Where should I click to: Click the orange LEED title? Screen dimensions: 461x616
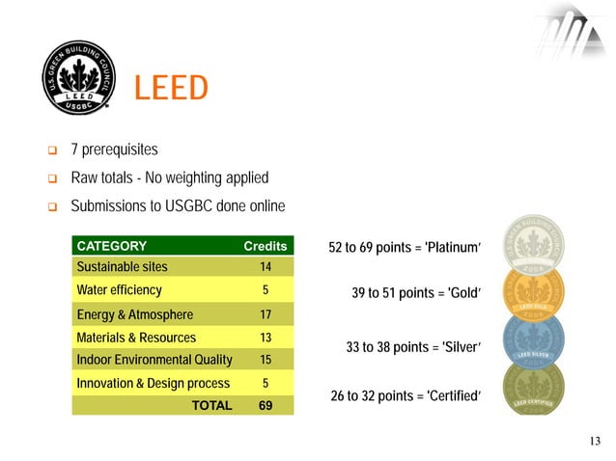[171, 89]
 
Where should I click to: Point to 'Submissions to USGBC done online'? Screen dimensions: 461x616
[178, 207]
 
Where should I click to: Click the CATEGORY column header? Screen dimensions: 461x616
[111, 246]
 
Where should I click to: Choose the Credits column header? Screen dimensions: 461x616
[265, 246]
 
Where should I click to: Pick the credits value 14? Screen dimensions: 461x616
[265, 267]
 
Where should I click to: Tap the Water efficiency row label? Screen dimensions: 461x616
[119, 290]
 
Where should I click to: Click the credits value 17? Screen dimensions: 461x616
[265, 314]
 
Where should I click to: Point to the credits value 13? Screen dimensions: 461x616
[265, 338]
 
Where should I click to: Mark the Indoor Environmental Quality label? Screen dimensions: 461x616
[154, 360]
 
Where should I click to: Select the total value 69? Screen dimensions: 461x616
[265, 405]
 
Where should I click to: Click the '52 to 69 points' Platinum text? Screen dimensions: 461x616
[405, 248]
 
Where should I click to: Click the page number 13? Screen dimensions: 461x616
[594, 442]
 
